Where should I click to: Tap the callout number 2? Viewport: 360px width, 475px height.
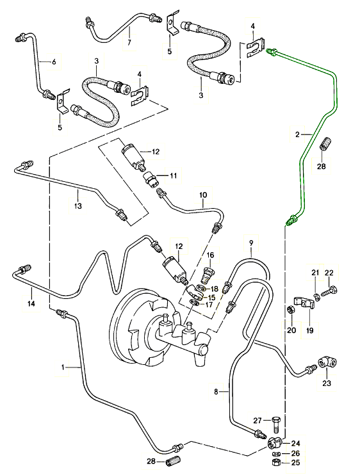point(297,134)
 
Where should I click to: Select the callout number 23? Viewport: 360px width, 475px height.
point(326,383)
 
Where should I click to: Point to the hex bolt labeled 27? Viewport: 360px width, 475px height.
point(275,424)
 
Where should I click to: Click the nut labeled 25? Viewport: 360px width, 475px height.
point(276,462)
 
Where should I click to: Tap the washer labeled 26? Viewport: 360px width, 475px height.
point(276,454)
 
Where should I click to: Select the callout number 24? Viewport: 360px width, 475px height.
point(295,444)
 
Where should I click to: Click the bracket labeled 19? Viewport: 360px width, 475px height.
point(304,303)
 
